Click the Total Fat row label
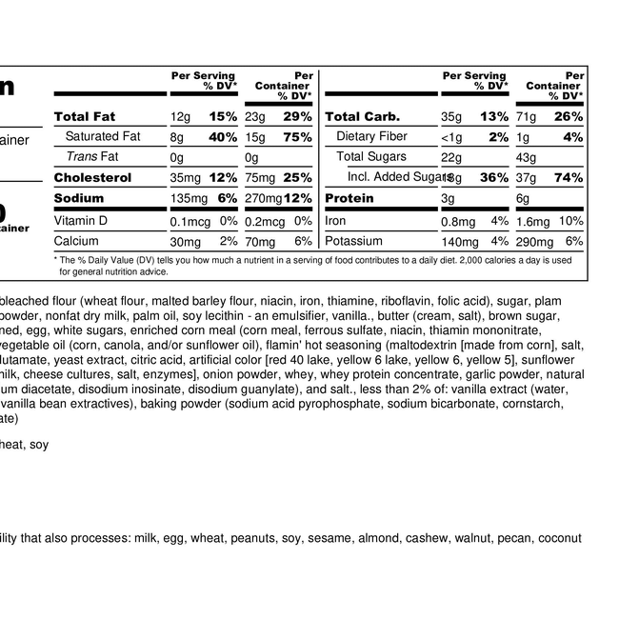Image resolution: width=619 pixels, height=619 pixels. click(x=85, y=116)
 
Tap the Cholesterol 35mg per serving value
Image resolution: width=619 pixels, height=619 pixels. click(x=187, y=178)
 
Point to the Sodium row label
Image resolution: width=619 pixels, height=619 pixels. click(x=80, y=199)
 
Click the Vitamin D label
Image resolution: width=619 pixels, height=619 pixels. click(x=81, y=221)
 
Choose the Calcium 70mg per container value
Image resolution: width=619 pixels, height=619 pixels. click(x=260, y=242)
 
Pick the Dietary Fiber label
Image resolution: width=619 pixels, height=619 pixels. click(x=371, y=137)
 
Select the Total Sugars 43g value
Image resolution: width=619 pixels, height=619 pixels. click(x=526, y=157)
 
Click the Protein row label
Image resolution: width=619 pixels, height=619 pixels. click(x=349, y=199)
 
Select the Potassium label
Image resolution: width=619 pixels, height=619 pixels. click(x=353, y=242)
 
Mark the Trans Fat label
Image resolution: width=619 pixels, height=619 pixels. click(x=91, y=157)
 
